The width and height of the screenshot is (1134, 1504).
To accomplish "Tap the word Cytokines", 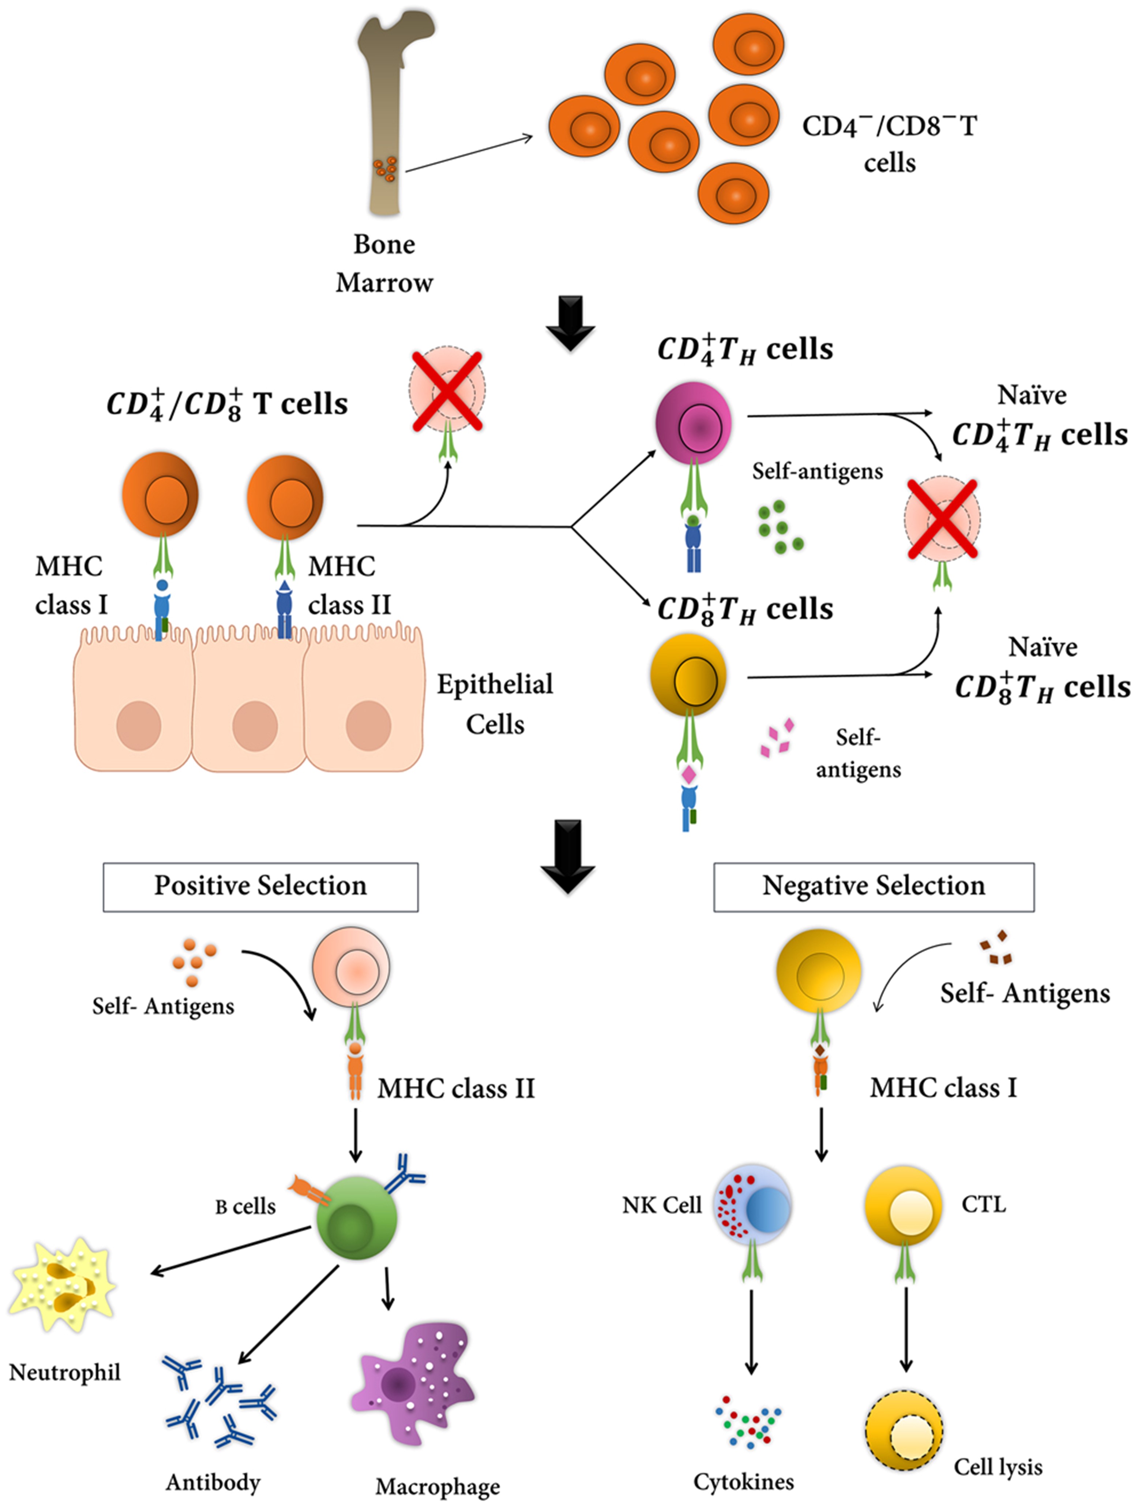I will coord(743,1481).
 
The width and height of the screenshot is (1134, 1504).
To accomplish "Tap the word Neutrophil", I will coord(64,1372).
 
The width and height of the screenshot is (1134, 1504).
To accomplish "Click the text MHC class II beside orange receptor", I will coord(456,1089).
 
